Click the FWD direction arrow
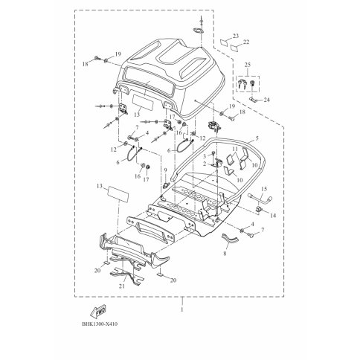(x=98, y=311)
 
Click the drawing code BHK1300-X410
(x=100, y=324)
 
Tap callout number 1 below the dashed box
(x=182, y=309)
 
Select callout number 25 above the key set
(x=248, y=65)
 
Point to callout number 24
(x=266, y=100)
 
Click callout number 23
(x=236, y=36)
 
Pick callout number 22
(x=246, y=42)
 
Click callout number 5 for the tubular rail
(x=257, y=138)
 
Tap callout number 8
(x=225, y=254)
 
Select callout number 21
(x=122, y=286)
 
